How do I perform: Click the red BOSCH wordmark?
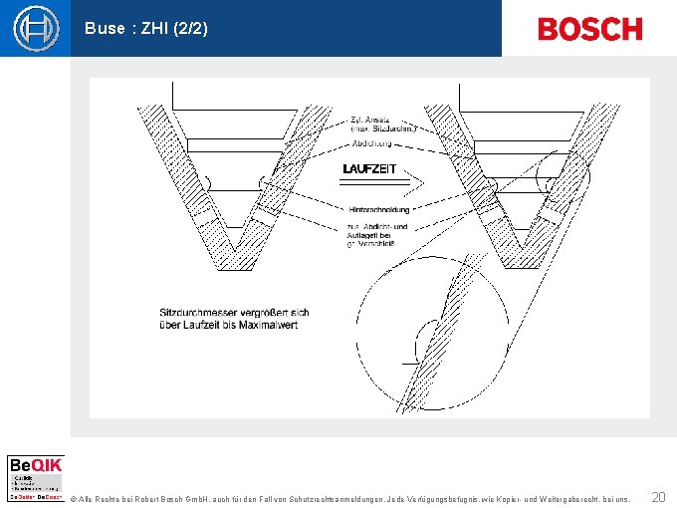(x=589, y=29)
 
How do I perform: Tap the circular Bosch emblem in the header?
(x=36, y=28)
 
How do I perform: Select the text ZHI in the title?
(x=153, y=29)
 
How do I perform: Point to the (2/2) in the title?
(x=190, y=29)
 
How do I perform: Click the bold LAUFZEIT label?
(x=369, y=169)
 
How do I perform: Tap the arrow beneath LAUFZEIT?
(x=378, y=183)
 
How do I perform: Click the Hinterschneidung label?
(x=379, y=210)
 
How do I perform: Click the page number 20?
(x=658, y=496)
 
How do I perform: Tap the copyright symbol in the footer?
(x=73, y=497)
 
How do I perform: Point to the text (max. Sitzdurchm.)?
(x=383, y=128)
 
